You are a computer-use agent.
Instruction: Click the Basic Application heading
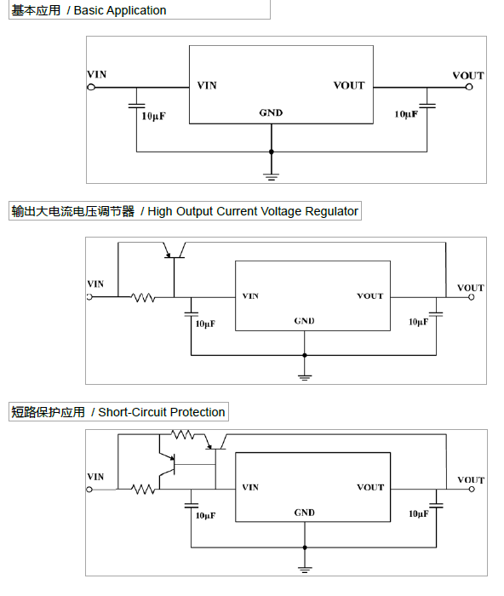pos(89,10)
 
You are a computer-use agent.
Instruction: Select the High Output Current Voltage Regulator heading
pos(185,211)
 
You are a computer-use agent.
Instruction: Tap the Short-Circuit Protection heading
pos(118,412)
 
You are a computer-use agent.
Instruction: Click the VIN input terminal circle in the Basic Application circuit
pos(91,88)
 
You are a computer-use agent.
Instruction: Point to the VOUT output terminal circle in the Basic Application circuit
pos(469,87)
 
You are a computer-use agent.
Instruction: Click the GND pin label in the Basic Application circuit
pos(271,113)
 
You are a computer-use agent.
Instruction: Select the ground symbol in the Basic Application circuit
pos(272,177)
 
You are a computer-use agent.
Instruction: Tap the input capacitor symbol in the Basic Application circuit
pos(137,106)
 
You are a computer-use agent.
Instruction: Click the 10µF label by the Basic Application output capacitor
pos(406,114)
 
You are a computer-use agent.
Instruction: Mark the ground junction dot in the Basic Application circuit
pos(272,152)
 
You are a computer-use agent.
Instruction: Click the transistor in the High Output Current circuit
pos(175,251)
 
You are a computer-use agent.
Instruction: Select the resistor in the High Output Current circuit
pos(143,297)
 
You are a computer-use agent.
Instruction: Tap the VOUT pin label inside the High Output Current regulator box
pos(370,295)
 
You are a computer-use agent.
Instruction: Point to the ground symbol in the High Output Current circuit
pos(305,377)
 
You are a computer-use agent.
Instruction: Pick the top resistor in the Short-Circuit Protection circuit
pos(183,434)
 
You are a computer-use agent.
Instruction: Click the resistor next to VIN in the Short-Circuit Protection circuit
pos(143,490)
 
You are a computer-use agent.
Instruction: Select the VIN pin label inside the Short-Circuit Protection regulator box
pos(250,487)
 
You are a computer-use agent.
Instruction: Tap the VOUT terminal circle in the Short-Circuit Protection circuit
pos(472,490)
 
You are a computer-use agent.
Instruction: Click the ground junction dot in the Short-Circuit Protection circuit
pos(305,547)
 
